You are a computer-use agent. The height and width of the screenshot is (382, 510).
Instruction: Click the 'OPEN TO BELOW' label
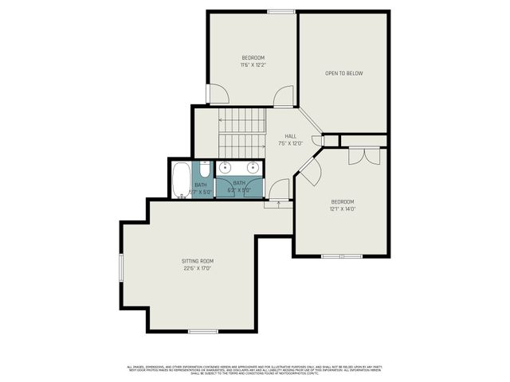tap(343, 73)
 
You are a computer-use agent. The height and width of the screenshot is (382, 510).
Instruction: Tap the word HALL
tap(280, 136)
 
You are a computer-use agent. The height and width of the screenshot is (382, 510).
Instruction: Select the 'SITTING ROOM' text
tap(195, 261)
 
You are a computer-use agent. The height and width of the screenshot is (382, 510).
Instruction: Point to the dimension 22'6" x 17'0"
tap(195, 268)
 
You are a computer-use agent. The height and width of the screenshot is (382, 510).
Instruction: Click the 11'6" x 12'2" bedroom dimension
tap(253, 64)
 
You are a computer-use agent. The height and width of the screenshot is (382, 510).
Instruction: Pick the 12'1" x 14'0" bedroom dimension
tap(343, 209)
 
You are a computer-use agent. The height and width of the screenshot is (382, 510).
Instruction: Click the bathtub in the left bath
tap(181, 180)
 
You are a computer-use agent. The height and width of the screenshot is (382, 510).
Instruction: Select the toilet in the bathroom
tap(204, 169)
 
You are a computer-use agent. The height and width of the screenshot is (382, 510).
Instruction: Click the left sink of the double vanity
tap(226, 167)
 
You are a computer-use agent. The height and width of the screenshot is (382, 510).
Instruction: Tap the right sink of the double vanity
tap(253, 167)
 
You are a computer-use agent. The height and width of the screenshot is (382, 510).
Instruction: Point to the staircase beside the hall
tap(242, 133)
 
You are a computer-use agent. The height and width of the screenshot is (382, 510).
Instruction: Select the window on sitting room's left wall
tap(120, 267)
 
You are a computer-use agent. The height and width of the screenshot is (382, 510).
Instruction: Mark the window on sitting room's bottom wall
tap(203, 330)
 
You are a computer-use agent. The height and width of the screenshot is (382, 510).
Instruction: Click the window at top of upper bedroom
tap(280, 11)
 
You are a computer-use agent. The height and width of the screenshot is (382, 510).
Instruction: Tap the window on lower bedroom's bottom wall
tap(341, 255)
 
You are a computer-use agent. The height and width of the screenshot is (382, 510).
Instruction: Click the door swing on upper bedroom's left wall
tap(217, 94)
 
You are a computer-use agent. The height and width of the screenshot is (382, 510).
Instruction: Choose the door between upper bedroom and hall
tap(283, 98)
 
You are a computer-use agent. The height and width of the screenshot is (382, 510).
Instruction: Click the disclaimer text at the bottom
tap(255, 369)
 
